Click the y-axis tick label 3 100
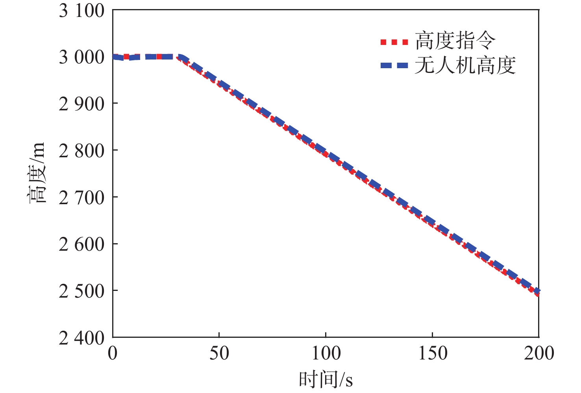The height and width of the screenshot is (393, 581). [x=82, y=11]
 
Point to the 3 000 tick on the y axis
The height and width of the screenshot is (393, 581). [x=82, y=58]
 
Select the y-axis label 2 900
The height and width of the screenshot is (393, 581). [x=82, y=104]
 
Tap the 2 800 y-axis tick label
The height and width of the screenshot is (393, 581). [x=82, y=151]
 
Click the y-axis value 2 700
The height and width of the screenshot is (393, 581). [x=82, y=198]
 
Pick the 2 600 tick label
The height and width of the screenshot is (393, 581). [x=82, y=244]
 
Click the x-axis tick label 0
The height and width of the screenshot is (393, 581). [x=113, y=353]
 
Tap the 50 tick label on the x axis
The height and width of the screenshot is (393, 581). [x=219, y=353]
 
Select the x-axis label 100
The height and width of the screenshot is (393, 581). [x=326, y=353]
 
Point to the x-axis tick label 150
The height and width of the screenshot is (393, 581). [x=432, y=353]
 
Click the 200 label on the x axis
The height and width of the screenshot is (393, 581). [x=538, y=353]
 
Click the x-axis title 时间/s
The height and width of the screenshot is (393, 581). [x=326, y=379]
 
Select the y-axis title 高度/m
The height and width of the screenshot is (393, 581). [x=37, y=173]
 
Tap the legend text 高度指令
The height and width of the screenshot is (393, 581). [x=455, y=41]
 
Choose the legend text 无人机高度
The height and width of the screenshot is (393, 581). [x=465, y=65]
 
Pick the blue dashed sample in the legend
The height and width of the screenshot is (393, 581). [x=394, y=66]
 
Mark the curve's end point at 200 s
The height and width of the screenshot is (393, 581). [x=538, y=292]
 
